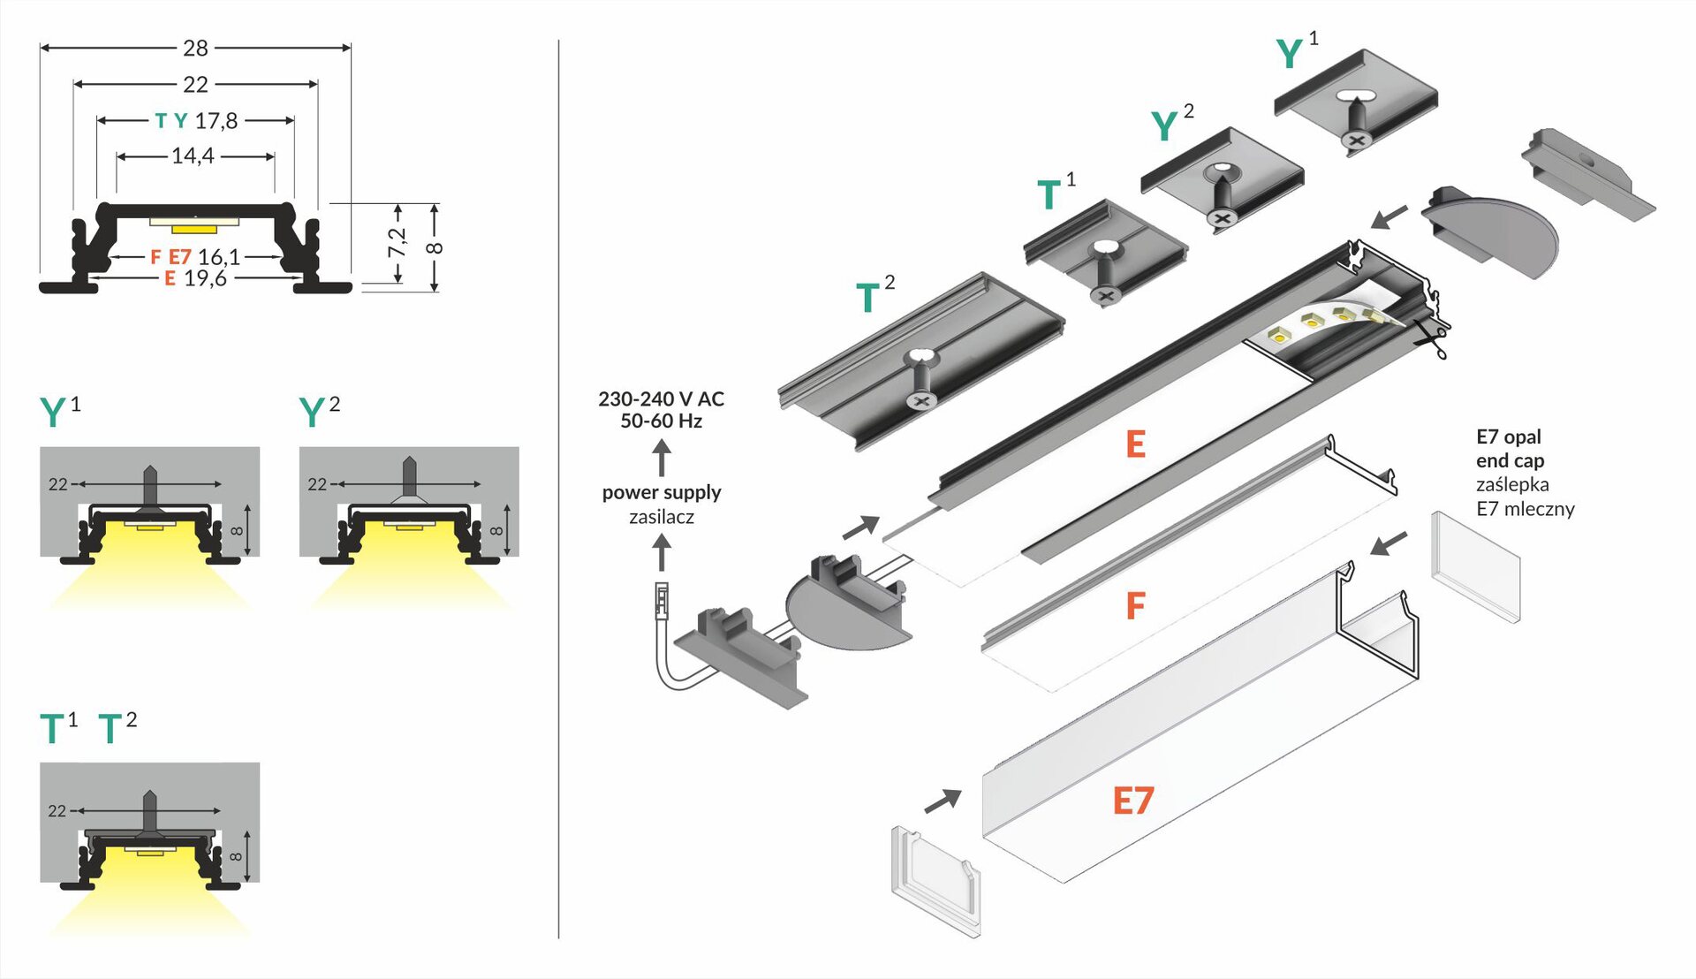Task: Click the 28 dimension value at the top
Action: click(x=195, y=48)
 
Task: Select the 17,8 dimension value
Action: click(x=216, y=121)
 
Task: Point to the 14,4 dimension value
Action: click(x=193, y=156)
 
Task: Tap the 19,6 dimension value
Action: click(x=205, y=279)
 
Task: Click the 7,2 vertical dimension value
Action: click(x=397, y=243)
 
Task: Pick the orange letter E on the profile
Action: click(x=1136, y=444)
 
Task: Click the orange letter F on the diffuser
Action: click(x=1136, y=606)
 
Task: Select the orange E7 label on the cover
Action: click(x=1132, y=801)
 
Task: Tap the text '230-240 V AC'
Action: click(x=661, y=399)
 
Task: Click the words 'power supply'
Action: click(x=662, y=492)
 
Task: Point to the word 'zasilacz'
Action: click(x=662, y=517)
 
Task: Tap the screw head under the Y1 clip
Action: click(x=1357, y=140)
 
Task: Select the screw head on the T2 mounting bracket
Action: click(x=921, y=401)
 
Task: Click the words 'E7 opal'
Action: click(x=1508, y=436)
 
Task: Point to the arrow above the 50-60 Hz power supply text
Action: click(x=662, y=458)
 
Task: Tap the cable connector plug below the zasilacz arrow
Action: click(x=661, y=600)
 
